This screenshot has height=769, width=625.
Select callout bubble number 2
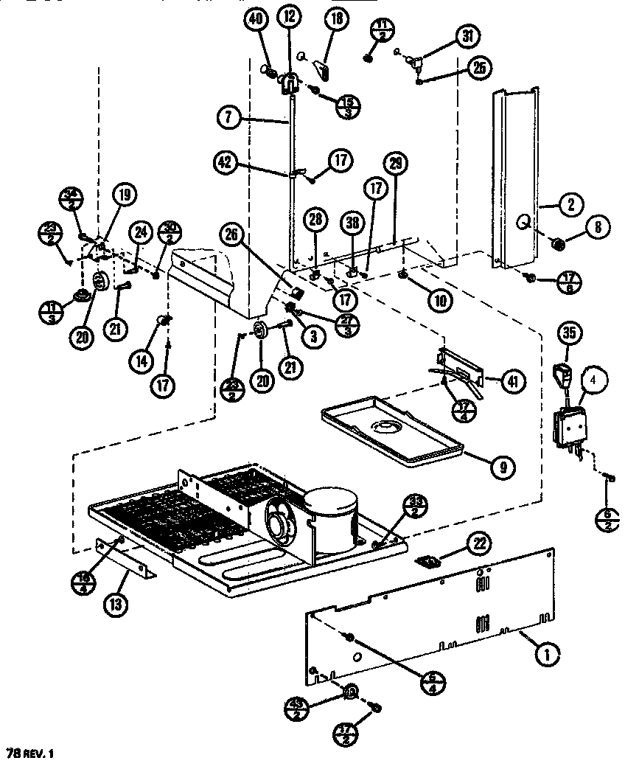(x=570, y=207)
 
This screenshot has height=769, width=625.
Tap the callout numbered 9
(x=502, y=466)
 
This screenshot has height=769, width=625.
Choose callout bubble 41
(x=511, y=380)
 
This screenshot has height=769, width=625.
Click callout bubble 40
(x=259, y=23)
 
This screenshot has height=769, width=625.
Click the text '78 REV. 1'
(x=30, y=754)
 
